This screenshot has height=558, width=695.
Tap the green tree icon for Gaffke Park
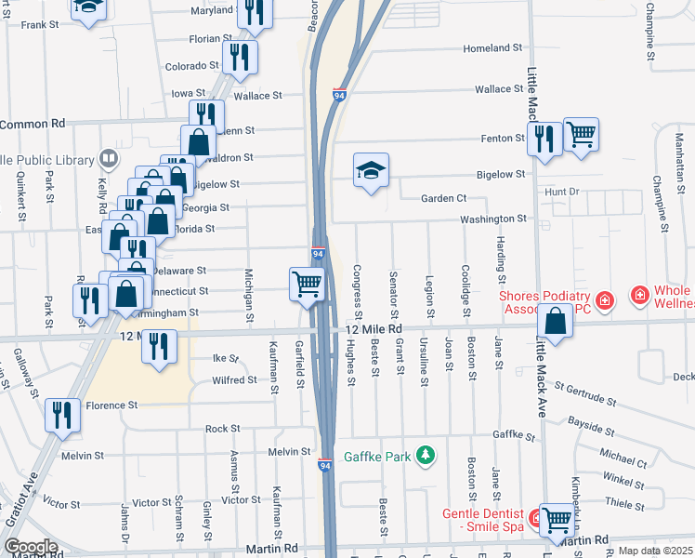(x=426, y=455)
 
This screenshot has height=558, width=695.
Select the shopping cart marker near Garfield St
(x=308, y=284)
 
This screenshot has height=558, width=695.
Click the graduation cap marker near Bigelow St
(x=371, y=170)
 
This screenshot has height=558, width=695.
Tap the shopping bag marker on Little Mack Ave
(x=555, y=323)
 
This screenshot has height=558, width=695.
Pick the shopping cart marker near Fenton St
(x=581, y=134)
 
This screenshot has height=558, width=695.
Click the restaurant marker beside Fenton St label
(x=544, y=139)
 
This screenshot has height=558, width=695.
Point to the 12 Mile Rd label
(x=374, y=329)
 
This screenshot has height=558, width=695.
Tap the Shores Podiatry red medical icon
(x=605, y=300)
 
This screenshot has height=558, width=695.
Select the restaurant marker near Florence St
(x=62, y=414)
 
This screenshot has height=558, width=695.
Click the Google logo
(x=31, y=547)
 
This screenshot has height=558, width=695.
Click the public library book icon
(x=111, y=158)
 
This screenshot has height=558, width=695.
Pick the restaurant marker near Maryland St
(x=252, y=11)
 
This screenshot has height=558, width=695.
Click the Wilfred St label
(x=234, y=379)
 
